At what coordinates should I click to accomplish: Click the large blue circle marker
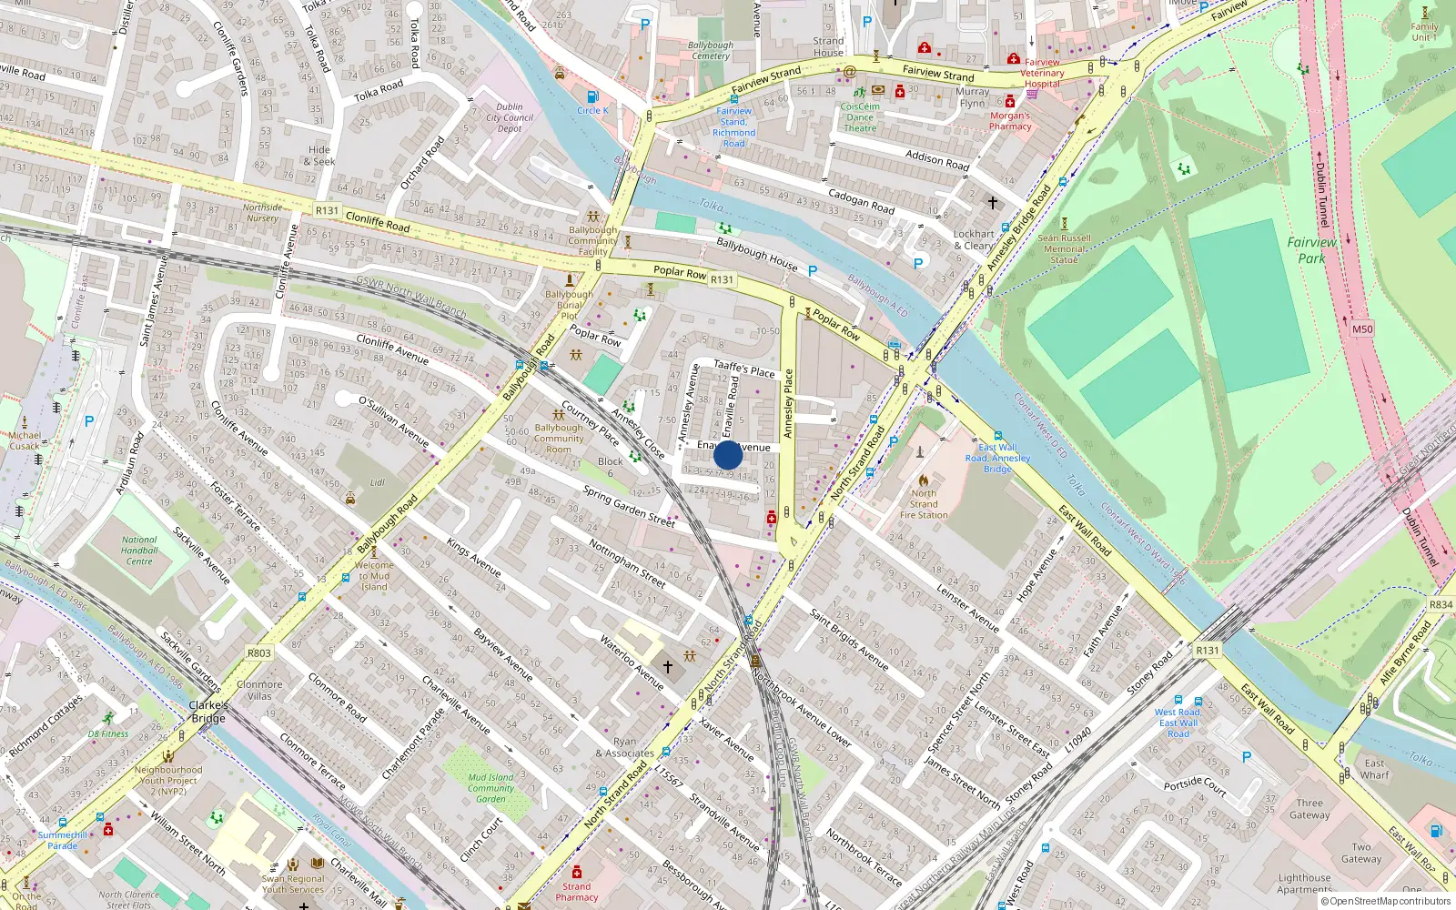tap(728, 455)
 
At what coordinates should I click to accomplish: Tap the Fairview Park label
tap(1311, 250)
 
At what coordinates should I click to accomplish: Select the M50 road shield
tap(1361, 329)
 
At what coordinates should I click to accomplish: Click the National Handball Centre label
tap(139, 551)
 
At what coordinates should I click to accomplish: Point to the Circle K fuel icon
tap(592, 96)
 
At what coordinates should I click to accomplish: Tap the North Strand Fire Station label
tap(924, 504)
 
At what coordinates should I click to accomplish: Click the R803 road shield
tap(259, 652)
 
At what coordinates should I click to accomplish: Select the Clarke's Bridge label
tap(208, 712)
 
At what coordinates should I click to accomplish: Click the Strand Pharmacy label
tap(576, 892)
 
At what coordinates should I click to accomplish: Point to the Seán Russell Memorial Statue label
tap(1064, 248)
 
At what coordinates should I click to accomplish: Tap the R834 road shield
tap(1441, 604)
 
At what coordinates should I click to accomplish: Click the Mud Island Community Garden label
tap(490, 788)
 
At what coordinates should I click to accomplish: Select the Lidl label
tap(378, 483)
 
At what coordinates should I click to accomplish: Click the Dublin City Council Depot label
tap(510, 117)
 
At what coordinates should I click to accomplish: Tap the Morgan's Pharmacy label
tap(1010, 121)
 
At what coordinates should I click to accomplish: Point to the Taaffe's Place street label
tap(743, 369)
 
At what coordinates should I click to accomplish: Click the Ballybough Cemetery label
tap(710, 50)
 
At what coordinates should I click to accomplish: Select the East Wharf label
tap(1374, 769)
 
